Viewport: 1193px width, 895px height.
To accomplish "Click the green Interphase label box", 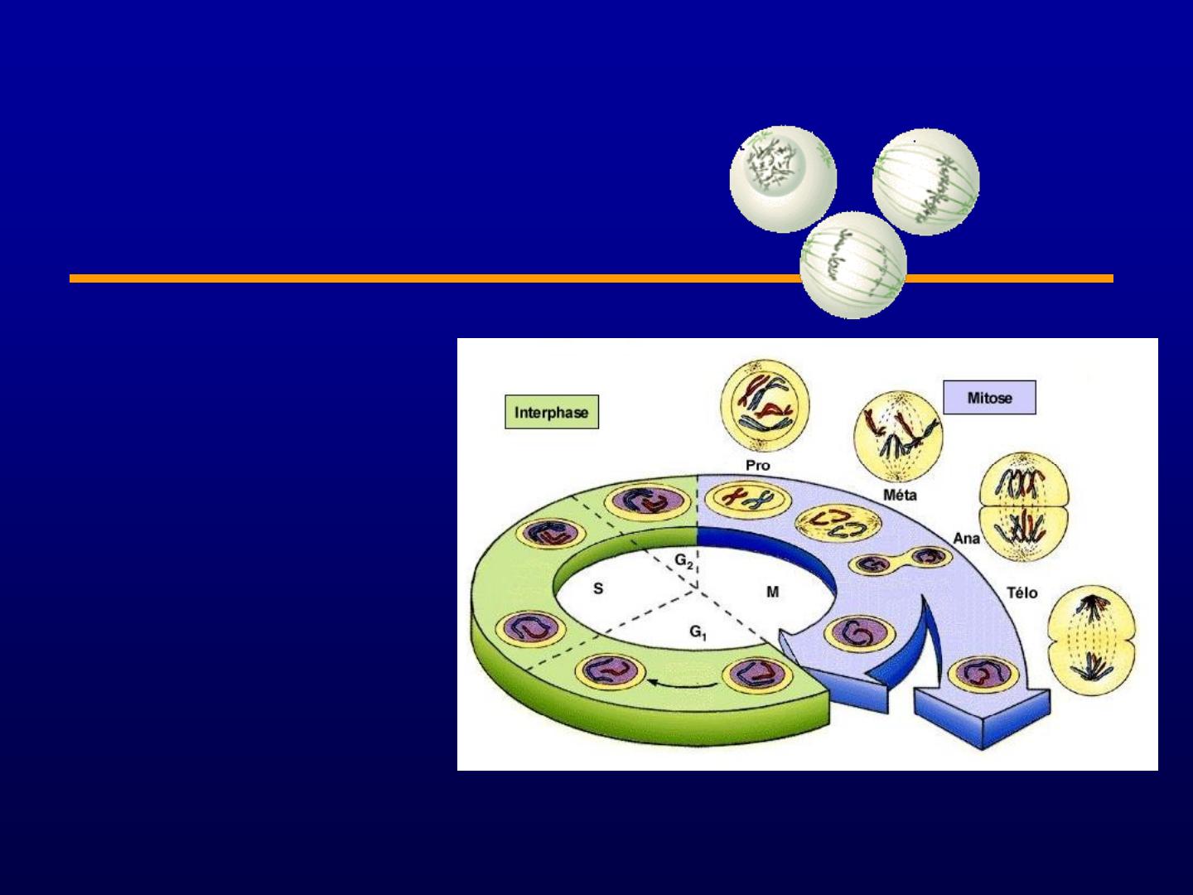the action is [552, 412].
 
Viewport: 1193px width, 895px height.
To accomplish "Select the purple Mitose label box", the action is [989, 397].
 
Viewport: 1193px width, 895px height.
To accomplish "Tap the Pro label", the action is [758, 466].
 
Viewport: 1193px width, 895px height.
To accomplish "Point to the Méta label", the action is [900, 495].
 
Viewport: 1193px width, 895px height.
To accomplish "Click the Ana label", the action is [966, 539].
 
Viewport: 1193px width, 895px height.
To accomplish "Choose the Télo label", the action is [1022, 593].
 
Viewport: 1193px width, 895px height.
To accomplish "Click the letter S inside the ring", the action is [598, 588].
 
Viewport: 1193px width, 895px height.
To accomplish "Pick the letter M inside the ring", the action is [772, 592].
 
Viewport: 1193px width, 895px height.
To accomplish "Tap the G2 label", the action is [683, 561].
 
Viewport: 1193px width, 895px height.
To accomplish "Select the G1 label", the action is [698, 632].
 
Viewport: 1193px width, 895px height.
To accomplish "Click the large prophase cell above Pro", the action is [765, 406].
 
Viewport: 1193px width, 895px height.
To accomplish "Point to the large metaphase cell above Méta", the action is [898, 437].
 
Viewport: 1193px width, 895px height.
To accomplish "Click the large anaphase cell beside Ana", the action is [1024, 507].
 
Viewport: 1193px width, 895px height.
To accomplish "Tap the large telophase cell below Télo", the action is [1091, 640].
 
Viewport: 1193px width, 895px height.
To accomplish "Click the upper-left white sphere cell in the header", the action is [783, 179].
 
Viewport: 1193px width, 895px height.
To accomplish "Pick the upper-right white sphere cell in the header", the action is [926, 181].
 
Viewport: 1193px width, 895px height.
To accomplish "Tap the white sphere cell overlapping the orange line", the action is [853, 266].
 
